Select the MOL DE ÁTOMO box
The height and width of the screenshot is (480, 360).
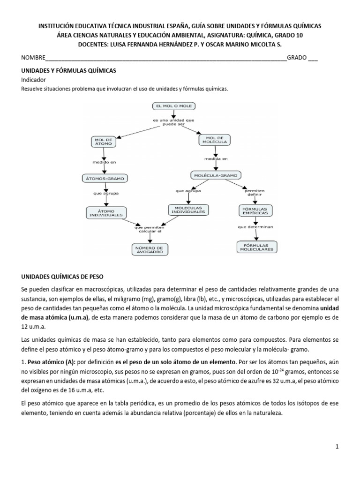coord(104,141)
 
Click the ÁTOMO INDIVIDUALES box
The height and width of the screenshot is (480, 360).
coord(105,213)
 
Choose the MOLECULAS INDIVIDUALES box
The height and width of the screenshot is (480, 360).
coord(189,210)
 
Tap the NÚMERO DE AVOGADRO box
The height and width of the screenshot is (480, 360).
coord(150,249)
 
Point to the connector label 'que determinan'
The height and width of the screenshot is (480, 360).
coord(255,227)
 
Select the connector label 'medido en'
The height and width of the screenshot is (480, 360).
coord(104,162)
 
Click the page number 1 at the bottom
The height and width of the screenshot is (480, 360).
coord(337,447)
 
